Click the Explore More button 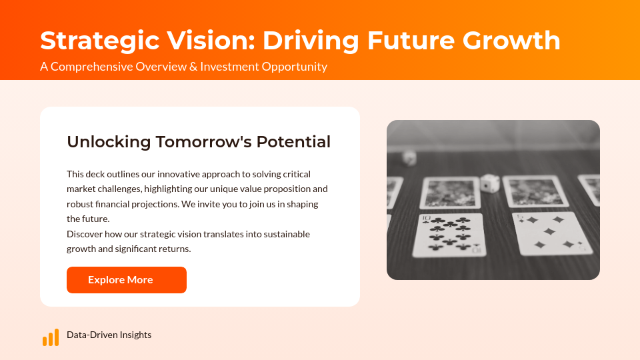coord(127,280)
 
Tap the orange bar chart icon coord(51,337)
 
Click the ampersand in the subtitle coord(193,67)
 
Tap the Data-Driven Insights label coord(109,335)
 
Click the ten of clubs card coord(448,235)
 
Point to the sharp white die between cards coord(490,183)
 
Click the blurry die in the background coord(409,158)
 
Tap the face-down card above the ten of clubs coord(449,192)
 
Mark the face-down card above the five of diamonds coord(535,191)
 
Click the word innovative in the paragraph coord(178,174)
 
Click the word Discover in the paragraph coord(85,234)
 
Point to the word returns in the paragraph coord(175,249)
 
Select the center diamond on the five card coord(549,231)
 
